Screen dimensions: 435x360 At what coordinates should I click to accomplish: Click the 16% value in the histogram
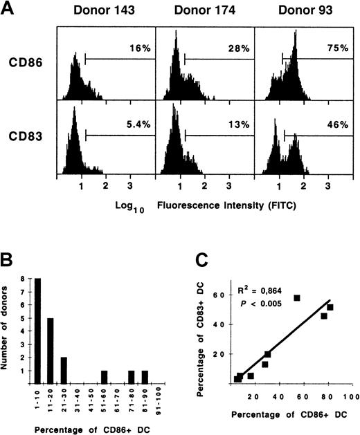[138, 47]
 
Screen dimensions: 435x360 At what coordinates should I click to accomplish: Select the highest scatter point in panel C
[296, 297]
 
